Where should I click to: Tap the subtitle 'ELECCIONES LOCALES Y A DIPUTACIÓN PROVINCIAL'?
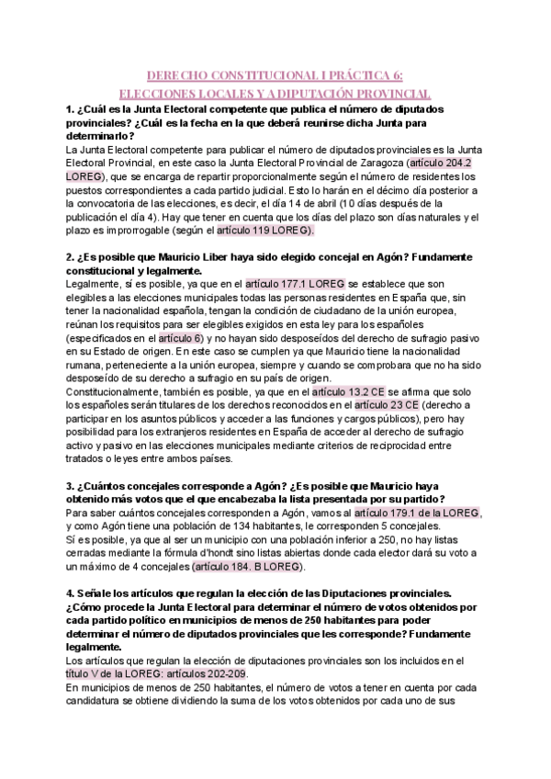coord(275,94)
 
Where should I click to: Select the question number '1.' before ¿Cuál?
coord(71,110)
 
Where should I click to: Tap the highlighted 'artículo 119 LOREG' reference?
coord(265,231)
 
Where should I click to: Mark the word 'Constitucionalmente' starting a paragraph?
coord(120,391)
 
